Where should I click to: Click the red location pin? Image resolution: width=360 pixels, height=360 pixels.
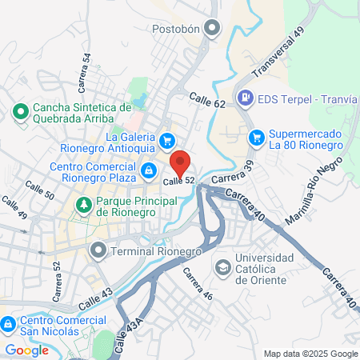tap(181, 162)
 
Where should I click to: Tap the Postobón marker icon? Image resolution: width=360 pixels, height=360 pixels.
tap(212, 29)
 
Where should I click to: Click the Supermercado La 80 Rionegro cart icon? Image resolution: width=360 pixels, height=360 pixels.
tap(256, 137)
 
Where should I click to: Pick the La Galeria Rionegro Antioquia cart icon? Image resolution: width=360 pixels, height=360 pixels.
tap(166, 139)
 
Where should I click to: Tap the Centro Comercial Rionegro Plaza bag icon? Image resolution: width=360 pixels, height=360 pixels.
tap(149, 170)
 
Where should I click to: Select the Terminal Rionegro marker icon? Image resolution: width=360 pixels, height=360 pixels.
tap(98, 251)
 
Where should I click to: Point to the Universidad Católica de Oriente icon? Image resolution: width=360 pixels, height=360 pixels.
tap(222, 266)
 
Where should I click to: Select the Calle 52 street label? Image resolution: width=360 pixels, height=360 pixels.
tap(179, 182)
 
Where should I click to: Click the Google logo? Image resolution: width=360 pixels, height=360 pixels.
tap(27, 350)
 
